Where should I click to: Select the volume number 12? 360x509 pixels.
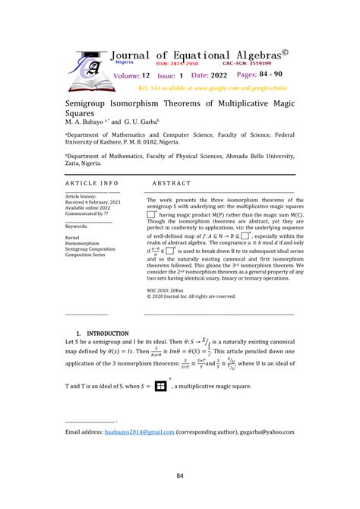pos(145,77)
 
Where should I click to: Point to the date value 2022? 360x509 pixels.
pos(217,77)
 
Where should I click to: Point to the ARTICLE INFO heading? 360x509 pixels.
pos(92,183)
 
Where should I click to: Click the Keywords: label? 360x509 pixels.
pos(77,226)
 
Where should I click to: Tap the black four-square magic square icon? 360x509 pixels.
pos(160,386)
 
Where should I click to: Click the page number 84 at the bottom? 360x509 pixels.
pos(180,476)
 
